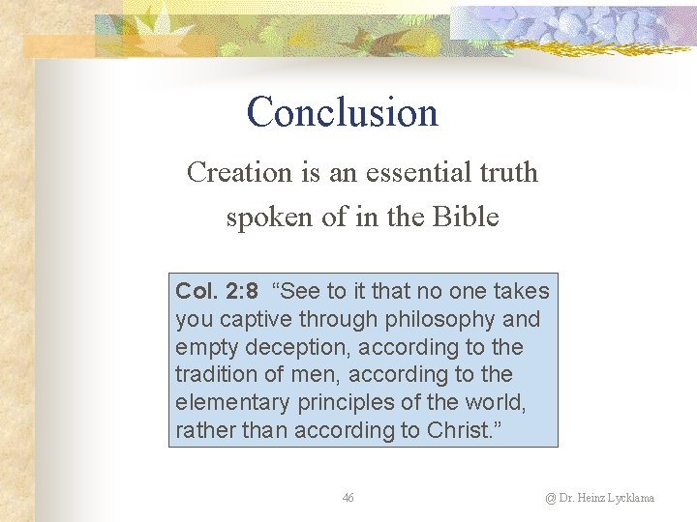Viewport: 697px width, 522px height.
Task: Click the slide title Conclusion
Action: click(x=342, y=112)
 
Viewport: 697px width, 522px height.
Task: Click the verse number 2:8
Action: click(x=238, y=291)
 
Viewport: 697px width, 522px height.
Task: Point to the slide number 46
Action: click(x=348, y=498)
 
